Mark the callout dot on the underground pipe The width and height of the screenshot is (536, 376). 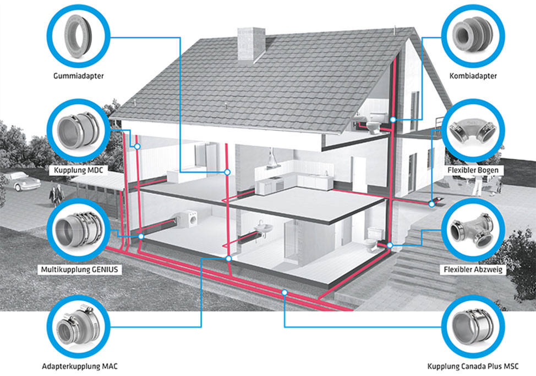point(285,292)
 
